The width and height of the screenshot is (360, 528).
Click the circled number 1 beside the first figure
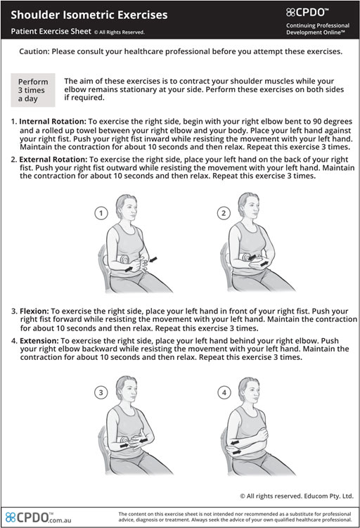pos(101,213)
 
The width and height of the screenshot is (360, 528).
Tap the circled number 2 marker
pos(224,213)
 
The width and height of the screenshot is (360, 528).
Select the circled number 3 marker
pos(101,392)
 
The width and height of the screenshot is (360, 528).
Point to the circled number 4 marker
pos(224,392)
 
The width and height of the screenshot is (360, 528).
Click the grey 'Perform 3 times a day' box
pos(33,90)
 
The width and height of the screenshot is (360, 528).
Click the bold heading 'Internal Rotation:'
pos(53,122)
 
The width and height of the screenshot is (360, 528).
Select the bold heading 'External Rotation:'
pos(53,160)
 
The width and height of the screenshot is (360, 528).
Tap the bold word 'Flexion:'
pos(34,311)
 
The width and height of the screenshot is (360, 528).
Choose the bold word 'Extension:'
pos(39,341)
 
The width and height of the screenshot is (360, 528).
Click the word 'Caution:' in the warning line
pos(34,51)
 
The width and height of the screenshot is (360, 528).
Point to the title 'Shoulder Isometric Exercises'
pos(89,15)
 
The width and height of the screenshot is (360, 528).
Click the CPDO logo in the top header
pos(307,13)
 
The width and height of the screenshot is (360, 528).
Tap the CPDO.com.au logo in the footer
pos(39,517)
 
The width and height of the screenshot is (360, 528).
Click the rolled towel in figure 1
pos(124,259)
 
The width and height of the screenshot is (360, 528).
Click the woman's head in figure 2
pos(248,207)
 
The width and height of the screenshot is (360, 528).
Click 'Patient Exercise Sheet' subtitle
pos(51,32)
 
